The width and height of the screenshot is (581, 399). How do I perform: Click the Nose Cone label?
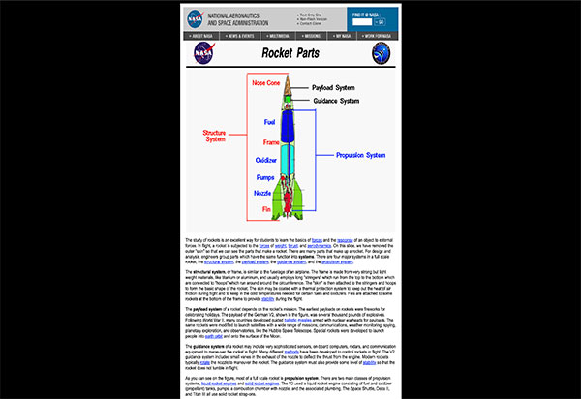266,83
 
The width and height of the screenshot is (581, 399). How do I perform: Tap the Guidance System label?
338,101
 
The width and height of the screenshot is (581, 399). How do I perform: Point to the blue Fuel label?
271,122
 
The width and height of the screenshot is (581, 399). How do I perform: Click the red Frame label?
271,141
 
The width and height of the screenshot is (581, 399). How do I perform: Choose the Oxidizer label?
266,160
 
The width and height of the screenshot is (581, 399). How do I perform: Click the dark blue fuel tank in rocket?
291,126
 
